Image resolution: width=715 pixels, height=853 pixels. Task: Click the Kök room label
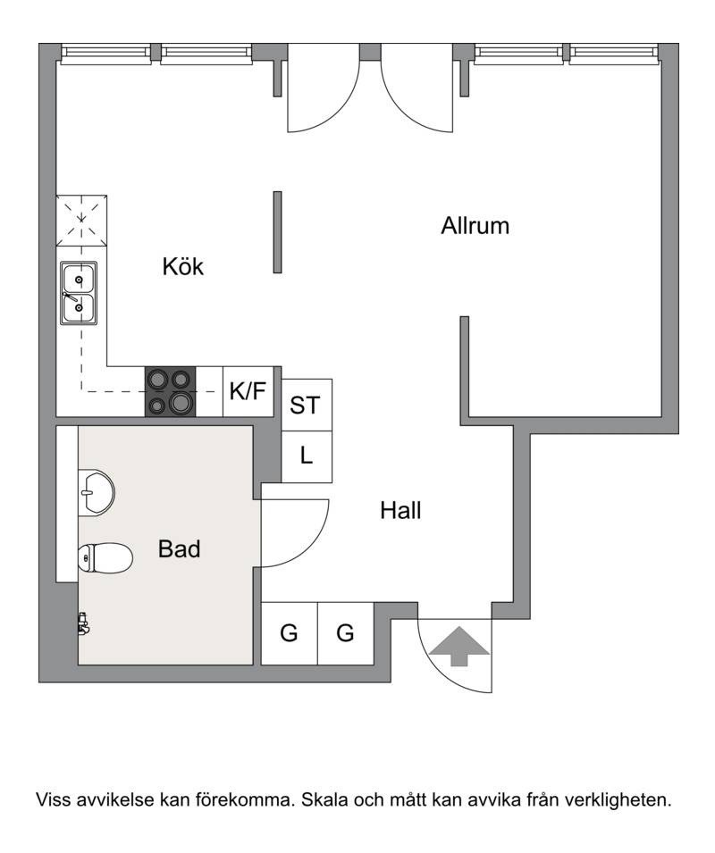coord(183,266)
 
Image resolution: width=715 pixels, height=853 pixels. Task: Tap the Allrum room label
coord(475,226)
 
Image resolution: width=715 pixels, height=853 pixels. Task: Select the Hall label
coord(400,510)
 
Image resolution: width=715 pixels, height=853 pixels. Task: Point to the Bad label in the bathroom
coord(179,549)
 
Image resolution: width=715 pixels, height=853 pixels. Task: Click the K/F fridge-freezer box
coord(248,392)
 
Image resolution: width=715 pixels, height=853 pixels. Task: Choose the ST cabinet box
coord(307,406)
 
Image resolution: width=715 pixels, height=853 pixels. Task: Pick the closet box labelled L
coord(307,457)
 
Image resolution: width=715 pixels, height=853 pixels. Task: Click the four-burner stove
coord(171,392)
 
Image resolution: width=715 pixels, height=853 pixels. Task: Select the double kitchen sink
coord(79,294)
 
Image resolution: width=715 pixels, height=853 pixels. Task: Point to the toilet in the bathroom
coord(105,557)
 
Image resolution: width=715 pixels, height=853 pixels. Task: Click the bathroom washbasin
coord(97,492)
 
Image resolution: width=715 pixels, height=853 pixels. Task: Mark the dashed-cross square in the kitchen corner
coord(81,221)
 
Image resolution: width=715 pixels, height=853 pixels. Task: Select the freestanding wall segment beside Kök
coord(278,231)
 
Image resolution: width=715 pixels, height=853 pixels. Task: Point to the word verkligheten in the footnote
coord(618,800)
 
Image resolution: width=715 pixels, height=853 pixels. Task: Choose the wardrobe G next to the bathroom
coord(290,633)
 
